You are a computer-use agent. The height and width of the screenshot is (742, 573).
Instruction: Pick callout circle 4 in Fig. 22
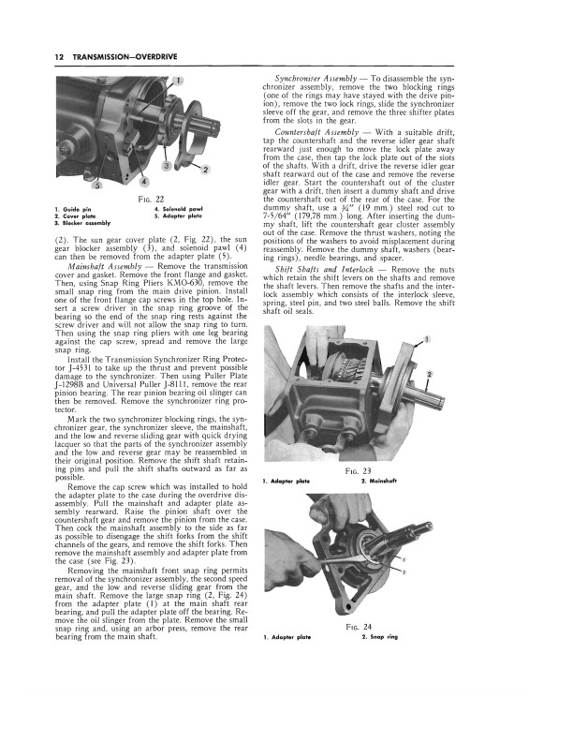pos(145,180)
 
